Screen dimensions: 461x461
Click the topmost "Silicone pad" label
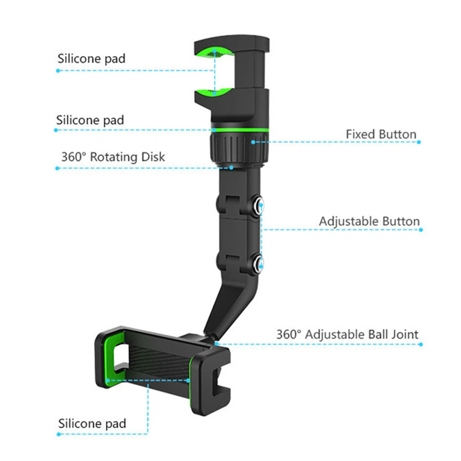[91, 59]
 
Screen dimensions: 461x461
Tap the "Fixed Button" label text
[381, 134]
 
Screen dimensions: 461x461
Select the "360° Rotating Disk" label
[113, 157]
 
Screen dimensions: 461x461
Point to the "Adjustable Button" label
[369, 221]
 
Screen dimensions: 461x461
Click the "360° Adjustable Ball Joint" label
[347, 334]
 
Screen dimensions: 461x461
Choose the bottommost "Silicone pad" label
[92, 423]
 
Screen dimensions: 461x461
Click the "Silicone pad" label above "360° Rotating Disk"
[90, 120]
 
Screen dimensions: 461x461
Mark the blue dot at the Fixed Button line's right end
[419, 142]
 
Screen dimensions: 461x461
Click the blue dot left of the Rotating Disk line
[58, 168]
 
